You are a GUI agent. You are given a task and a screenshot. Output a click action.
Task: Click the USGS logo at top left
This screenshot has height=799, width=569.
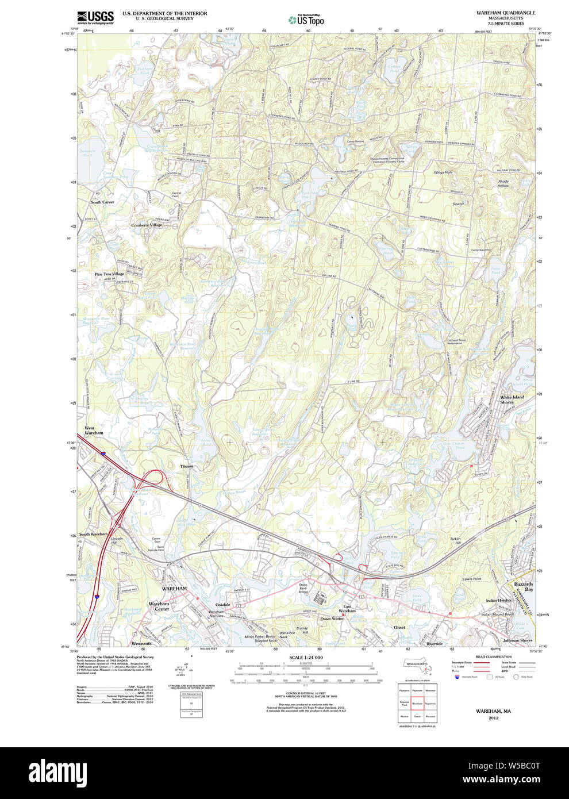(95, 17)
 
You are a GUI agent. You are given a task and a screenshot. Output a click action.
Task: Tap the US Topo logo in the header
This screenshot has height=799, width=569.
(307, 20)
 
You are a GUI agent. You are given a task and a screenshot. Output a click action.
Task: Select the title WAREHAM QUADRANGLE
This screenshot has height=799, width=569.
(506, 13)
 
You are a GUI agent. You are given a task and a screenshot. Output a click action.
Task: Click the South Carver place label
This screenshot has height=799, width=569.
(102, 202)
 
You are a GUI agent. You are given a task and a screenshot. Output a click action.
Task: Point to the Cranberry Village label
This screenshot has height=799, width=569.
(147, 225)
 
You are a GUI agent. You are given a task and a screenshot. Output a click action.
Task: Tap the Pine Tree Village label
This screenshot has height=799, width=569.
(109, 274)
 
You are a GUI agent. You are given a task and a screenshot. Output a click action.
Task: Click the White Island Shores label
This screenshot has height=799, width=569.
(512, 399)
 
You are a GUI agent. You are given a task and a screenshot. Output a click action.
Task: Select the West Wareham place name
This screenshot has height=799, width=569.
(94, 431)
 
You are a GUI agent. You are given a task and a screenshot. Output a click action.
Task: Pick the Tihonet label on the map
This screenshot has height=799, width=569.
(187, 466)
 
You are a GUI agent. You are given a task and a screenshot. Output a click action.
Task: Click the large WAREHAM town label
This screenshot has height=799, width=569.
(174, 589)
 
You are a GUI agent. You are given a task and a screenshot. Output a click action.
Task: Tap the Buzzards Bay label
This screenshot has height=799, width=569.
(524, 586)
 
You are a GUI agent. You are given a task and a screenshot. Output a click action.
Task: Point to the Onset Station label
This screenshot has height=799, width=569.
(332, 619)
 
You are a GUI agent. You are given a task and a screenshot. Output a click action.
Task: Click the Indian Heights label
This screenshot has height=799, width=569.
(498, 601)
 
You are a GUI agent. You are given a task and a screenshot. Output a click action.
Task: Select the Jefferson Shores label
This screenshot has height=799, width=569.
(517, 640)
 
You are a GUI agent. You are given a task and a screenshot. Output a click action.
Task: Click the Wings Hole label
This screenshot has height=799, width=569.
(443, 172)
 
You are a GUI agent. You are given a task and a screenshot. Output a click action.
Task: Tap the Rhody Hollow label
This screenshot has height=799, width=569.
(503, 184)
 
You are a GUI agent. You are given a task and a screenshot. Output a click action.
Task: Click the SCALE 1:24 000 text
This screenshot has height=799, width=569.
(306, 658)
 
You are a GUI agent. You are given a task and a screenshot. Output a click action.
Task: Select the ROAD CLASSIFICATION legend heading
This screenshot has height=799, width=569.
(493, 656)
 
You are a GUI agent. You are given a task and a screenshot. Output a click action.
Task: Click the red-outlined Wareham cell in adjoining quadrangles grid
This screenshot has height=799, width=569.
(417, 703)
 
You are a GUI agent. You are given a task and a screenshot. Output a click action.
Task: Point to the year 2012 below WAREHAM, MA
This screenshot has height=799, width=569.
(493, 718)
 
